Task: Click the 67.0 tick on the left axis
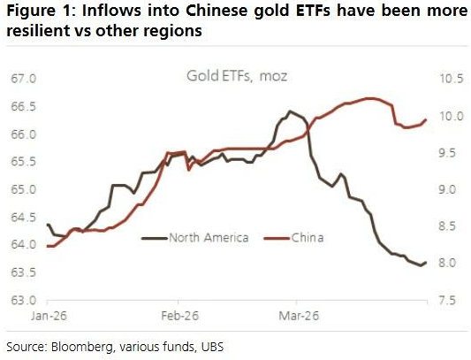22,79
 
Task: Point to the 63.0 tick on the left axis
22,300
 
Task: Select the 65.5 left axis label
22,162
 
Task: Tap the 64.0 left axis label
22,245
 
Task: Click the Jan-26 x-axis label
48,315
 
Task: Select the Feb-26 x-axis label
174,315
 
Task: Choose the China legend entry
307,237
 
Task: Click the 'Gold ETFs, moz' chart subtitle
235,77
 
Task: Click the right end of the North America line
426,262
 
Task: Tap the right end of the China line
426,119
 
